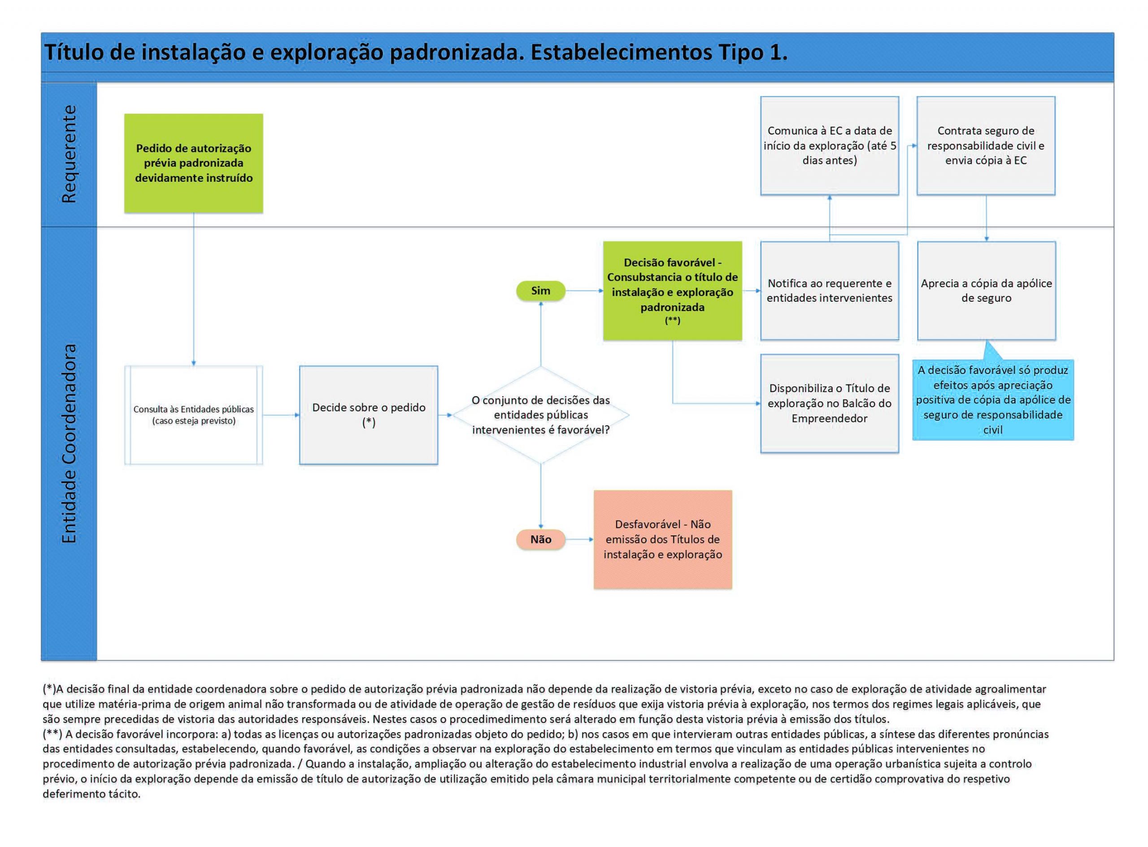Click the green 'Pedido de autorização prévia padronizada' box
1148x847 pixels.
pos(193,163)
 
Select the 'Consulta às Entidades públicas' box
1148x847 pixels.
pos(193,415)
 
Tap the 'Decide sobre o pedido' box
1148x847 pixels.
pos(368,415)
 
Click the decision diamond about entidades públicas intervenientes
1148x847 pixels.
pos(540,415)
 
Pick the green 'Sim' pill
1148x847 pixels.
pos(540,291)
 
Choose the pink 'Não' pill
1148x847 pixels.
pos(540,539)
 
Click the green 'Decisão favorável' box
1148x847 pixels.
pos(672,291)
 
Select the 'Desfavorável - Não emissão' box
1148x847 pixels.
pos(662,539)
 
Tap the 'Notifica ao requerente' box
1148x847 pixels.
pos(829,291)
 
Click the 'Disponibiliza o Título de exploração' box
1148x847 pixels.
pos(829,403)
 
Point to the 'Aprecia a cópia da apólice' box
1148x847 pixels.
pos(986,291)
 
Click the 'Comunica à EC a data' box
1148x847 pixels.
pos(829,146)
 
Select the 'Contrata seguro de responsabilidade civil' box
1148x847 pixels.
pos(986,146)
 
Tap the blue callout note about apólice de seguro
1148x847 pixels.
pos(993,400)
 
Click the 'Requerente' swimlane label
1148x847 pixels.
pos(69,154)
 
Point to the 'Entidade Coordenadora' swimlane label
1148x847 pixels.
pos(69,443)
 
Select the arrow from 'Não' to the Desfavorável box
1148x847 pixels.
pos(579,539)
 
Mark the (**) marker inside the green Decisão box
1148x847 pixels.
pos(672,321)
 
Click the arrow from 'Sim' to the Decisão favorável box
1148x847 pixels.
pos(584,291)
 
